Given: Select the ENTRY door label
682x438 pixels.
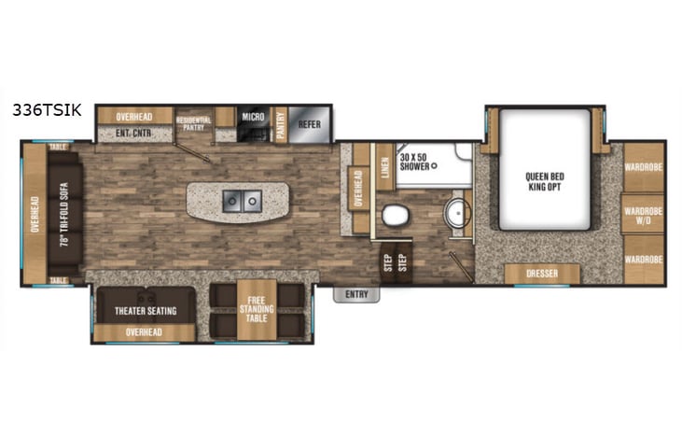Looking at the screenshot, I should pyautogui.click(x=355, y=295).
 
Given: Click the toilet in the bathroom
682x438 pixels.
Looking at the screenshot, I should pyautogui.click(x=395, y=215).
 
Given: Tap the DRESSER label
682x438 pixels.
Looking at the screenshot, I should pyautogui.click(x=541, y=275).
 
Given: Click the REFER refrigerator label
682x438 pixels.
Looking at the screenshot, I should pyautogui.click(x=309, y=123).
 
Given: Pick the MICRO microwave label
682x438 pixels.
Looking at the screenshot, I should pyautogui.click(x=254, y=117).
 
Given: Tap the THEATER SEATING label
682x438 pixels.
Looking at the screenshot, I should pyautogui.click(x=146, y=310).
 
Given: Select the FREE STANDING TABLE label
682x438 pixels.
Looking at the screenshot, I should pyautogui.click(x=257, y=305).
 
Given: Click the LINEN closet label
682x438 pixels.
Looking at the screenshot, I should pyautogui.click(x=383, y=169).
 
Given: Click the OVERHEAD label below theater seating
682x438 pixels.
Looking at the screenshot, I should pyautogui.click(x=144, y=332).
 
